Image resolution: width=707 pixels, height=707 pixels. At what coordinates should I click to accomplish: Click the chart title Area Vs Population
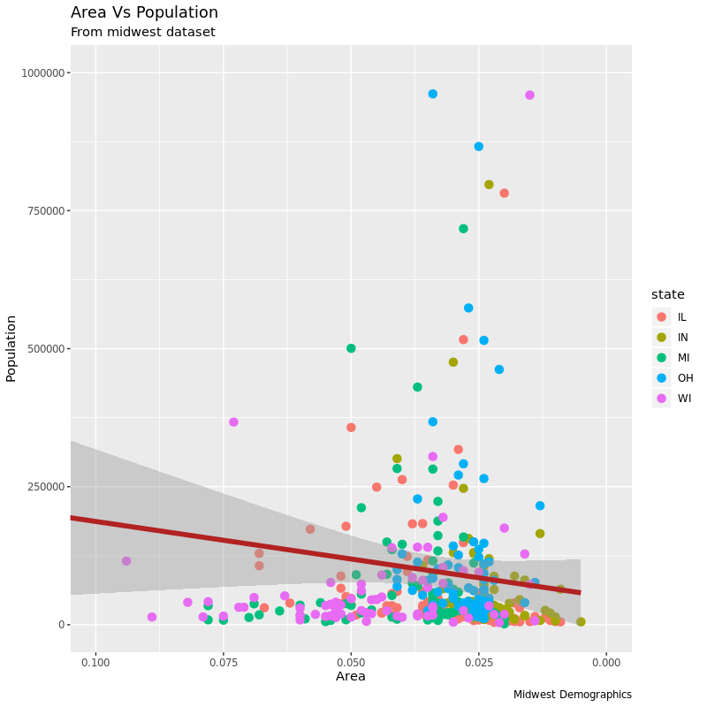144,13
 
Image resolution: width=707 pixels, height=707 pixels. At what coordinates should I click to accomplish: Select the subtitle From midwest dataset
142,33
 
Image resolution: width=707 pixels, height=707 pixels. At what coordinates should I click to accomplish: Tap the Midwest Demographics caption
572,695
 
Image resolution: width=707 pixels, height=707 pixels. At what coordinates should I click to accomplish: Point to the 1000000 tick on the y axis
42,72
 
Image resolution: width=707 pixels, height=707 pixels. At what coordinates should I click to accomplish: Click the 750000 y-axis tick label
44,210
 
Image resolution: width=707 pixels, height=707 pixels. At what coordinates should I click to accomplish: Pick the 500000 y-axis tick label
44,348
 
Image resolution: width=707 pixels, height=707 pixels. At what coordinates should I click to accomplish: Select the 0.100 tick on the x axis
95,661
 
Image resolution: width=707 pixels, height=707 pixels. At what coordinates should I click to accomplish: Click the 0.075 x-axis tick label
223,661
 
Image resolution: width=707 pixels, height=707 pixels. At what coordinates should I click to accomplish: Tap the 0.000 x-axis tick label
606,661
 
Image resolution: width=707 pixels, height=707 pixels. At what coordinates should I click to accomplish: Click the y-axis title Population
11,348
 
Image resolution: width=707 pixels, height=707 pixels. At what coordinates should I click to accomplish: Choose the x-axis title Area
350,677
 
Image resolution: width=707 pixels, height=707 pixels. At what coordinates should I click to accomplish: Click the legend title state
667,294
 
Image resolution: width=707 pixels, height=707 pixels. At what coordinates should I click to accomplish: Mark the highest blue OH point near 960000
433,94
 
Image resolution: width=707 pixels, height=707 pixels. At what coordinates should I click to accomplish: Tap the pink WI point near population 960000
529,95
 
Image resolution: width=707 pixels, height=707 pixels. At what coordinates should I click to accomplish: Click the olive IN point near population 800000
489,185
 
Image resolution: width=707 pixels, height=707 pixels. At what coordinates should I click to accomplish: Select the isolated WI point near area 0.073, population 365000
233,422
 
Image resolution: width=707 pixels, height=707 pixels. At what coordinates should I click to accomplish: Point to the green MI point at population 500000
351,348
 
